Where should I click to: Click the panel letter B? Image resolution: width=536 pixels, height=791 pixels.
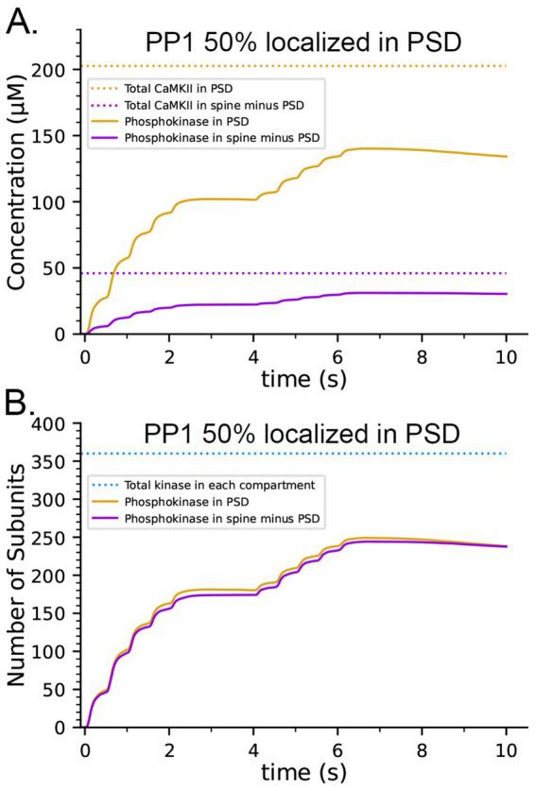click(21, 404)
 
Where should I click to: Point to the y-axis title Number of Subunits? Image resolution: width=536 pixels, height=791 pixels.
click(17, 576)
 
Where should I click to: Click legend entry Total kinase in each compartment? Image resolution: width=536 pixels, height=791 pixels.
click(218, 482)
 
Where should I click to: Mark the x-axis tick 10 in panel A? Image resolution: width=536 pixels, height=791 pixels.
click(507, 353)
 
